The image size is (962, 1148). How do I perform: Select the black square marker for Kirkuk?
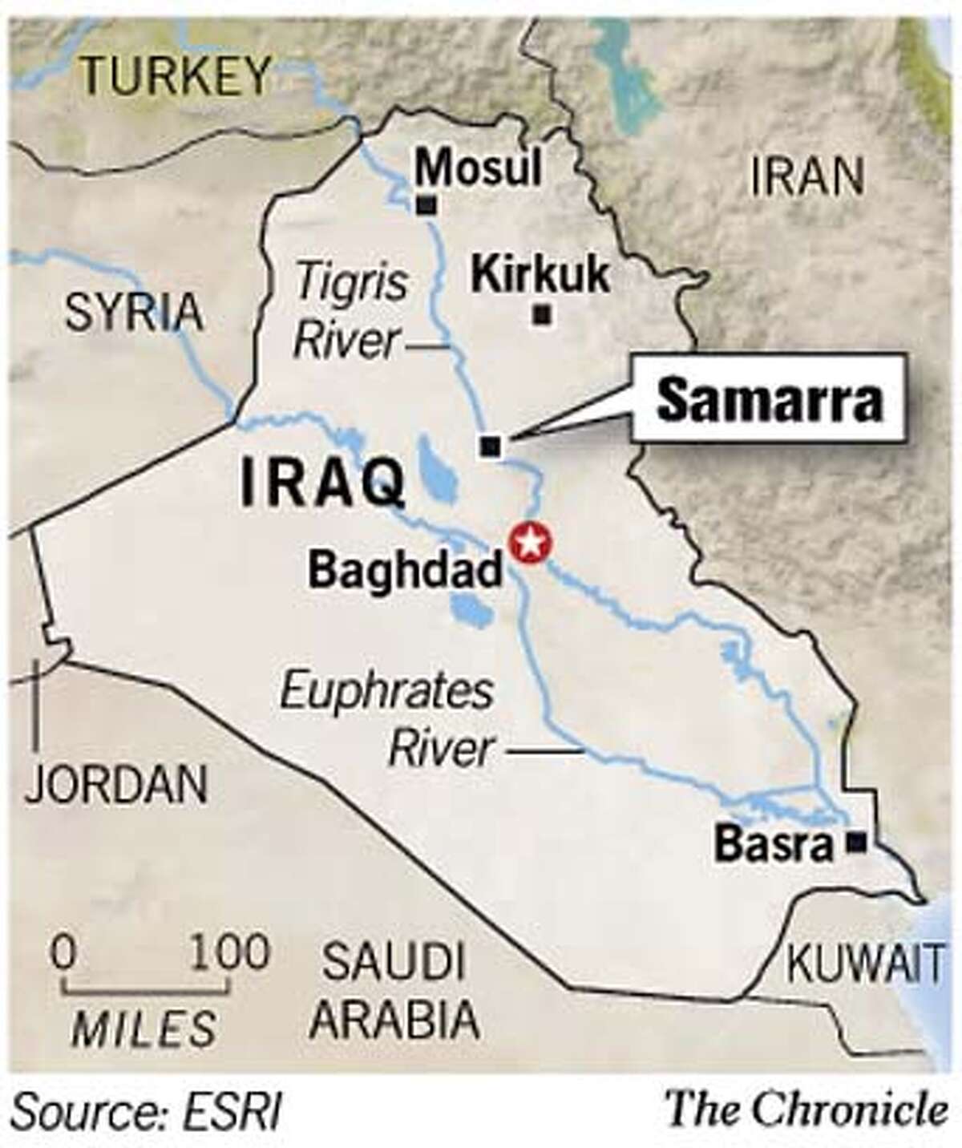click(544, 315)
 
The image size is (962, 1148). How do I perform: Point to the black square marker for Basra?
click(858, 841)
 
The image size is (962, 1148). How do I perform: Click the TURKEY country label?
click(178, 75)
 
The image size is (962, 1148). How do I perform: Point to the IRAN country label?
click(808, 176)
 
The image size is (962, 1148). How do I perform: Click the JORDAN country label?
click(117, 783)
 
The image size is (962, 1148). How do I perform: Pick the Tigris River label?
click(350, 313)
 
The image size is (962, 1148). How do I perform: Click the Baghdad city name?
click(406, 571)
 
